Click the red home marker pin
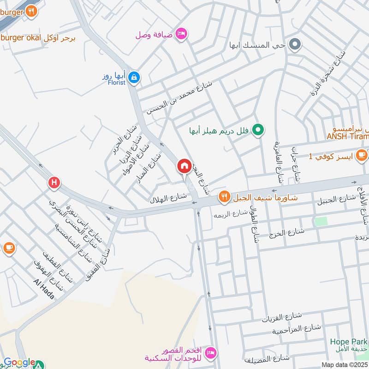(x=184, y=167)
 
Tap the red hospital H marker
(x=54, y=183)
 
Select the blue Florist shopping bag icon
(x=133, y=77)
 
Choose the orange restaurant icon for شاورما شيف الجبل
(x=224, y=197)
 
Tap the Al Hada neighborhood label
(x=44, y=289)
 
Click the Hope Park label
(x=349, y=342)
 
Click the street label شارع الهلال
(x=168, y=197)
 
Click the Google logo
(x=19, y=363)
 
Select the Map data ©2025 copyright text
(x=344, y=365)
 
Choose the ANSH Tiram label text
(x=348, y=136)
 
